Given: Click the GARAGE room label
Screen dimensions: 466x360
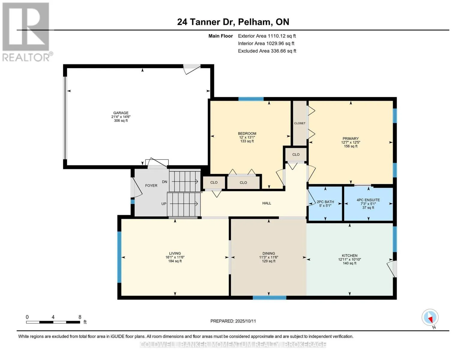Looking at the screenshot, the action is tap(121, 113).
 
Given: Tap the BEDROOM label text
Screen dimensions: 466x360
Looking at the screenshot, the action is tap(247, 133).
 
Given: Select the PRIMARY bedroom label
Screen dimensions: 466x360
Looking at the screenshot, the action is tap(351, 139).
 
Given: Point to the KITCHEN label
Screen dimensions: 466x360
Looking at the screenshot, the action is tap(350, 256).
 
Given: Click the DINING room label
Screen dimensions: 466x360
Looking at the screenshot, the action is tap(269, 253).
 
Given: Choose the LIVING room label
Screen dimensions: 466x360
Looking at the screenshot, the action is tap(175, 253).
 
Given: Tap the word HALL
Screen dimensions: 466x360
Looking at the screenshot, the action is tap(266, 203).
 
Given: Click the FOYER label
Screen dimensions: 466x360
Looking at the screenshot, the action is tap(151, 186).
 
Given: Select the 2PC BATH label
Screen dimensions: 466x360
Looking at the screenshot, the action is tap(325, 202).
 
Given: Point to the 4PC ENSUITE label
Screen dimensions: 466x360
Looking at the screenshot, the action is tap(368, 200).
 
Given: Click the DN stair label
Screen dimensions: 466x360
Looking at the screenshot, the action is tap(164, 182).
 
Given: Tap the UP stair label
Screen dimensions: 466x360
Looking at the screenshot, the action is tap(164, 204).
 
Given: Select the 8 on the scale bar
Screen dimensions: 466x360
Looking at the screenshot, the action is tap(80, 317).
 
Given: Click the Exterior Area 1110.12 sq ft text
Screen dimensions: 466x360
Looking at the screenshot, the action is tap(267, 36).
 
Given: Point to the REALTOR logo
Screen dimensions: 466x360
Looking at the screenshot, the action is tap(27, 32).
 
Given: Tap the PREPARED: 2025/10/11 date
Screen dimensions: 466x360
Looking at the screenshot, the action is tap(233, 321).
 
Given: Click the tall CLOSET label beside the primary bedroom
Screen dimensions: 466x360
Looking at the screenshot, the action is tap(299, 123).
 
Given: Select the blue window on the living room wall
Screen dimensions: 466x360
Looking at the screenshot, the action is tap(119, 257).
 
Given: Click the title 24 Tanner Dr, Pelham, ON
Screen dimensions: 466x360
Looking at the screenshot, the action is tap(233, 22).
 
